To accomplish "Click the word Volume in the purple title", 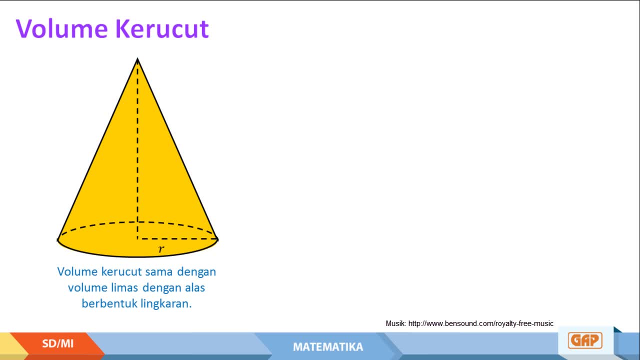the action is (x=61, y=28).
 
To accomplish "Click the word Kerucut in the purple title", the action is (x=162, y=28).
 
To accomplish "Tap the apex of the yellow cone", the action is (x=137, y=58).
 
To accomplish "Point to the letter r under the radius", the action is (x=161, y=249).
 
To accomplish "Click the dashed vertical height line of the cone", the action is (x=137, y=148).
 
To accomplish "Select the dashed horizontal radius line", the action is (x=177, y=238).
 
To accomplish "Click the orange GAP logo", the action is (x=585, y=340).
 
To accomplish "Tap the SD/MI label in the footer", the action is (x=57, y=343).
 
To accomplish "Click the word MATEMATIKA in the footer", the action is (x=328, y=347).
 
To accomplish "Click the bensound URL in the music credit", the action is (x=481, y=323).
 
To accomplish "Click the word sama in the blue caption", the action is (x=159, y=271).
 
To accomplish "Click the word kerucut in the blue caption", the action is (x=121, y=271).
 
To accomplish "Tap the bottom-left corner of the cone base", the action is (x=57, y=240).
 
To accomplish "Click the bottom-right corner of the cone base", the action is (x=217, y=239).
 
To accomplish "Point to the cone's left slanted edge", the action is (x=97, y=149).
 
